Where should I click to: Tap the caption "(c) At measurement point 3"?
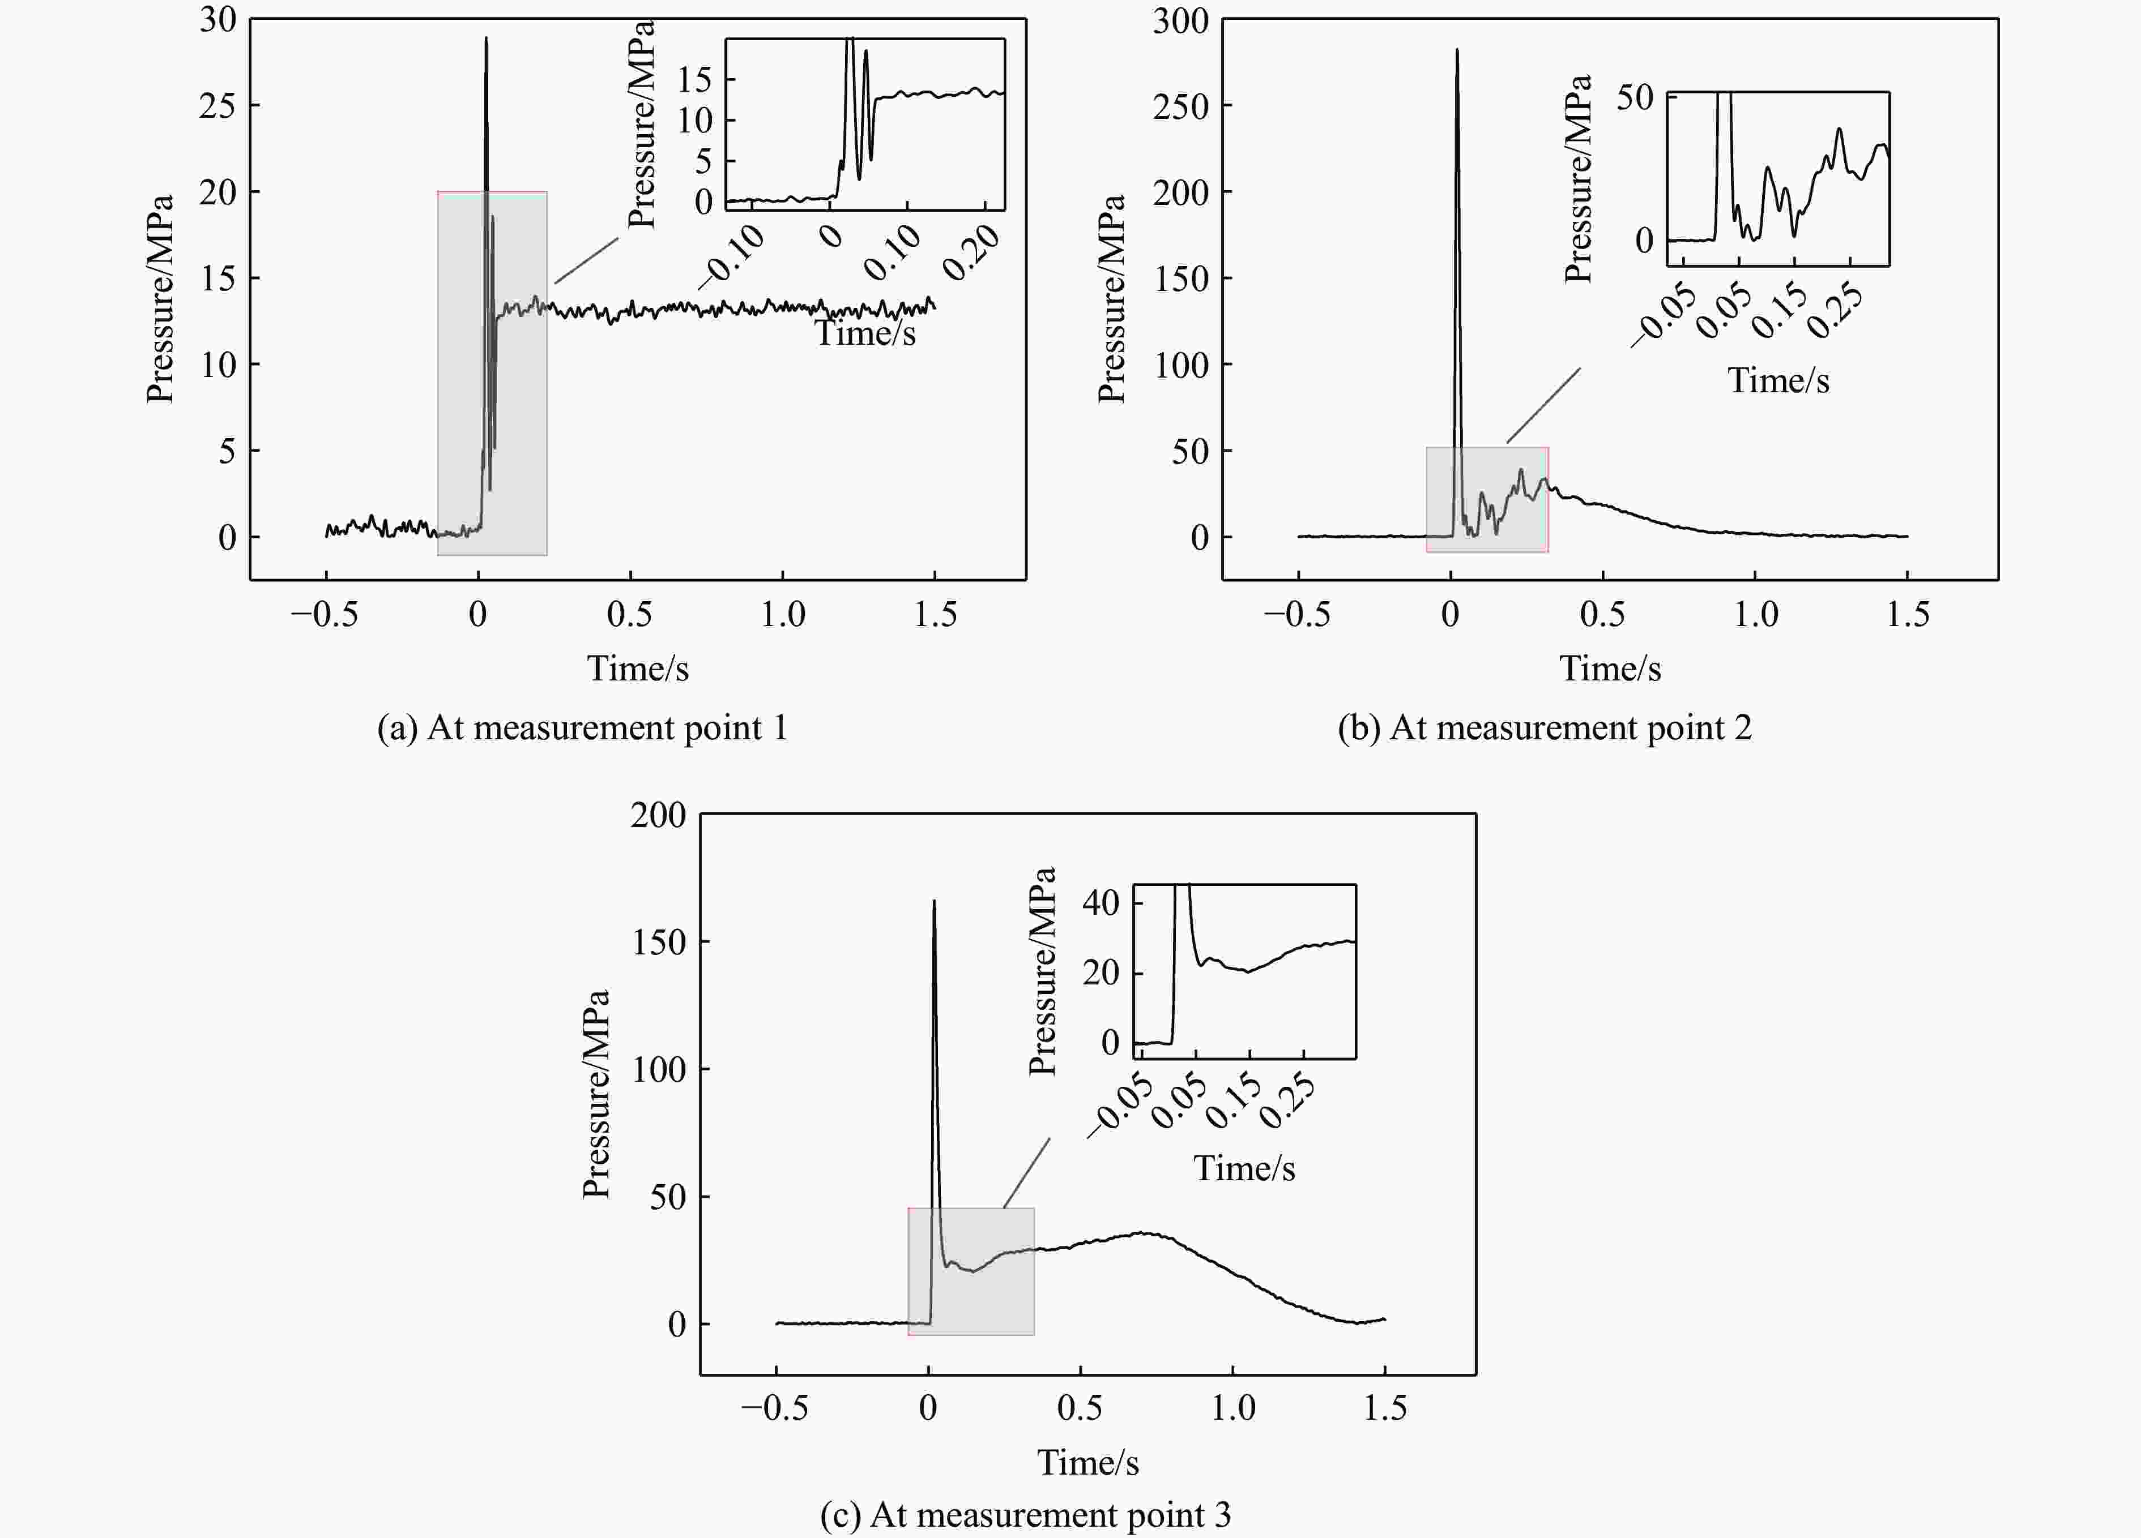pyautogui.click(x=1025, y=1514)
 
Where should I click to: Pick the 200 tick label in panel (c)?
pyautogui.click(x=658, y=815)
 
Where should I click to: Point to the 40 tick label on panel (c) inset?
pyautogui.click(x=1100, y=903)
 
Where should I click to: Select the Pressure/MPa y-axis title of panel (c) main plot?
pyautogui.click(x=596, y=1095)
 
